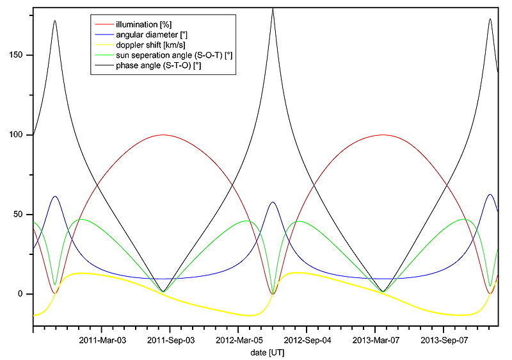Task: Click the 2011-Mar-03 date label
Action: [102, 340]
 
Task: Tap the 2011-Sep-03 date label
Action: [171, 340]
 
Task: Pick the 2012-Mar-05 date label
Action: [240, 340]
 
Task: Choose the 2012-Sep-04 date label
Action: [308, 340]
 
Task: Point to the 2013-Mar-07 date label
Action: [378, 340]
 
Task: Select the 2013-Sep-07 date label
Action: [447, 340]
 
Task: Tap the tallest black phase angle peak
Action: [273, 9]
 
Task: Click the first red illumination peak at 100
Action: [163, 135]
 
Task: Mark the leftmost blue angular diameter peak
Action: [55, 197]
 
